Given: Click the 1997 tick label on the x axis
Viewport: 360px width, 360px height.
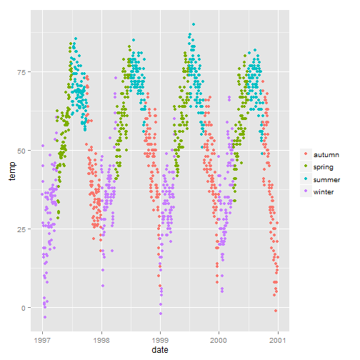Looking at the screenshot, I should (x=43, y=340).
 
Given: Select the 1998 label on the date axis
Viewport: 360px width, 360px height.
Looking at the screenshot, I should (x=101, y=340).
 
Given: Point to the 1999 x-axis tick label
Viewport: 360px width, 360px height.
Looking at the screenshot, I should (x=160, y=340).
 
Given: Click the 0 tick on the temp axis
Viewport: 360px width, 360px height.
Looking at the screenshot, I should (x=26, y=308).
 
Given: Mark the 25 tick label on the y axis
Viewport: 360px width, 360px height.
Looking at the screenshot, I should (x=24, y=229).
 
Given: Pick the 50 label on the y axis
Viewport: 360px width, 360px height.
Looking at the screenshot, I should (x=24, y=151).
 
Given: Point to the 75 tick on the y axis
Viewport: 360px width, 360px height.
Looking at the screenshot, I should (x=24, y=72).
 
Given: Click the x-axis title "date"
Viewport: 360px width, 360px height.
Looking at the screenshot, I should (x=161, y=351).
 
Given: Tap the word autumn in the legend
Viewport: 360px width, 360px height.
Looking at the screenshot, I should (x=326, y=154).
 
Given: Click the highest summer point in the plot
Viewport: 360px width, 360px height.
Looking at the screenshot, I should (x=193, y=24).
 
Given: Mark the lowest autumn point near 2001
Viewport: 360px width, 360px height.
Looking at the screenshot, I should (x=275, y=311).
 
